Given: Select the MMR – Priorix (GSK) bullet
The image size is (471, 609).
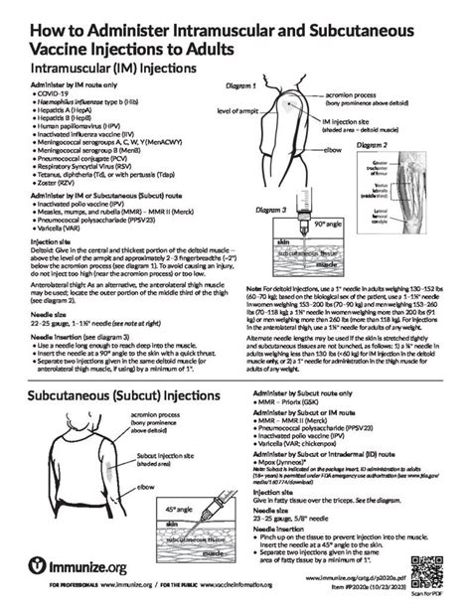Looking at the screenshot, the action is click(293, 430).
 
